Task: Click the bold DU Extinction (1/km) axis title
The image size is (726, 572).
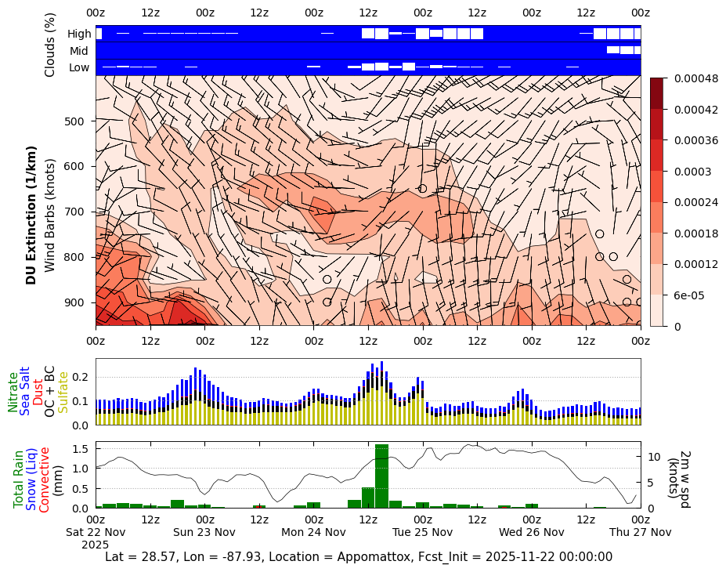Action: coord(31,215)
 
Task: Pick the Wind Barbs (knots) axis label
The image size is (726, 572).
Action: coord(49,215)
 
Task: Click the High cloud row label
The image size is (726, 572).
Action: coord(79,34)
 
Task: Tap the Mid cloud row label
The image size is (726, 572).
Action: coord(79,51)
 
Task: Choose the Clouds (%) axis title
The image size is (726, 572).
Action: coord(50,45)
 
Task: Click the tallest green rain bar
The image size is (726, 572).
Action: coord(381,476)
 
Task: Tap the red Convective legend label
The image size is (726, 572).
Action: coord(45,480)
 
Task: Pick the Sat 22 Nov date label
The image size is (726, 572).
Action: coord(96,532)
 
